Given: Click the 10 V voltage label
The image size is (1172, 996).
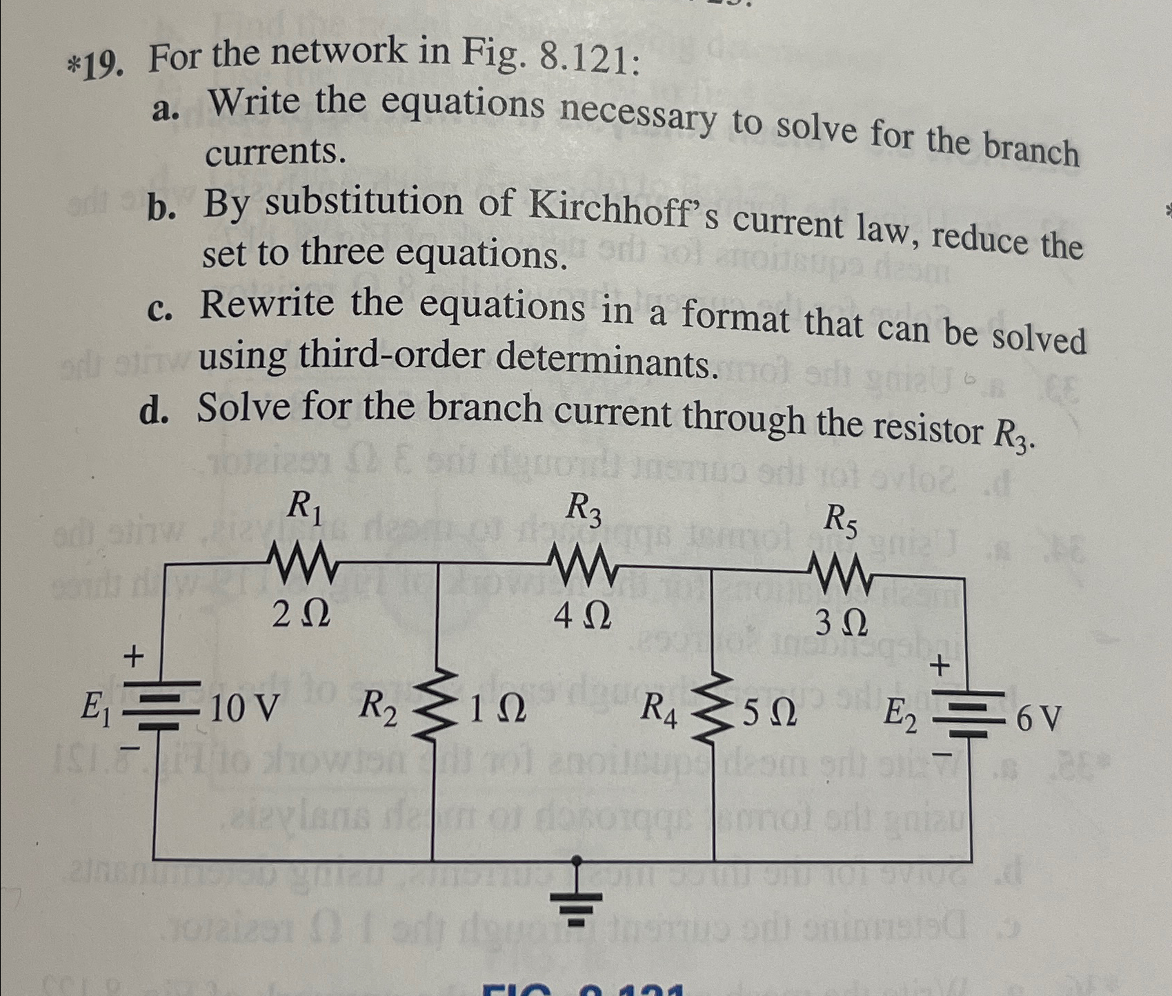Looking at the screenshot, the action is (x=244, y=707).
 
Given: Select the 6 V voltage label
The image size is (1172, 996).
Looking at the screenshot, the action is (x=1038, y=719).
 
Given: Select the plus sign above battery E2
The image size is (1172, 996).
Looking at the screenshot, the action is (x=940, y=665).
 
